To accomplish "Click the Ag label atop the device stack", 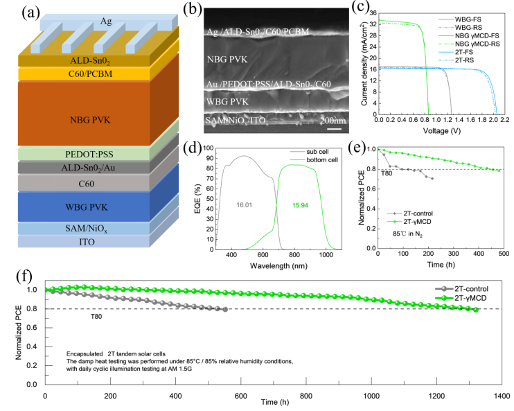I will [x=85, y=21].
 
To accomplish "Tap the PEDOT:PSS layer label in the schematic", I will [x=87, y=154].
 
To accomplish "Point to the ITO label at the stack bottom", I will [x=87, y=241].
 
